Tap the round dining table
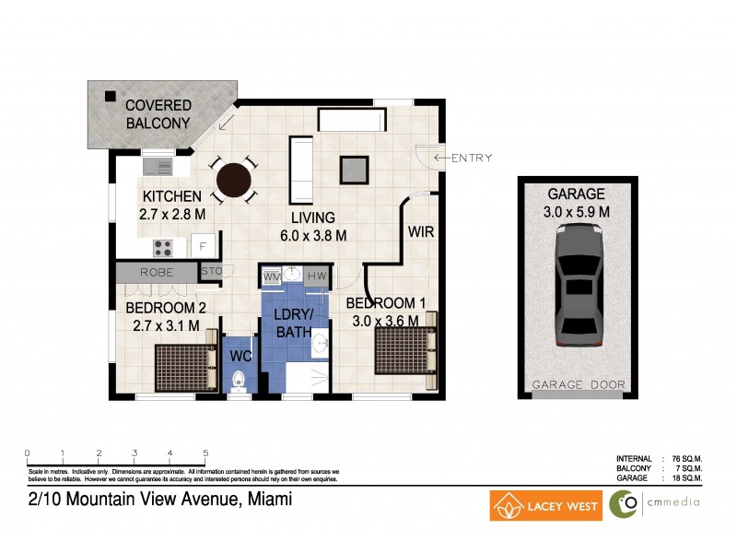pyautogui.click(x=234, y=182)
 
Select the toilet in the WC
pyautogui.click(x=238, y=380)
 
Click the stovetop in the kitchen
pyautogui.click(x=164, y=247)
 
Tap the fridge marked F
pyautogui.click(x=204, y=246)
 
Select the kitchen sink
pyautogui.click(x=158, y=167)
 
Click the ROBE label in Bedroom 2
pyautogui.click(x=157, y=273)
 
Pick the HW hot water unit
pyautogui.click(x=315, y=276)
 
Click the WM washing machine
pyautogui.click(x=273, y=276)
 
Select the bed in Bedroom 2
pyautogui.click(x=185, y=368)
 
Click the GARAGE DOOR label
pyautogui.click(x=578, y=384)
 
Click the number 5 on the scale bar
pyautogui.click(x=205, y=453)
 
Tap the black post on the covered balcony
pyautogui.click(x=110, y=95)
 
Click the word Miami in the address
pyautogui.click(x=268, y=500)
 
